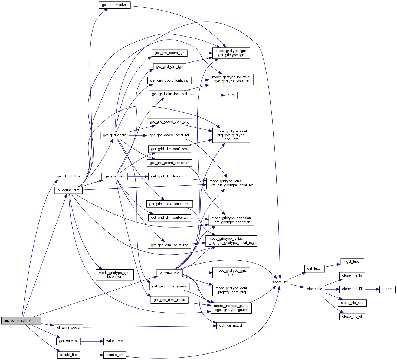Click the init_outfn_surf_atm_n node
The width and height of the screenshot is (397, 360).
coord(21,320)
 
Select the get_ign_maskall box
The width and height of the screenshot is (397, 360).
coord(114,5)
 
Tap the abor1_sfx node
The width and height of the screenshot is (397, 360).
coord(280,282)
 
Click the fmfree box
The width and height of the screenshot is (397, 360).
coord(387,289)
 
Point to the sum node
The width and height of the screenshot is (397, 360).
coord(231,95)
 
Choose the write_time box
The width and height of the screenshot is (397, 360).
coord(114,341)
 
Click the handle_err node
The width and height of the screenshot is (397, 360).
coord(114,355)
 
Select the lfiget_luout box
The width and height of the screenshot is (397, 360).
coord(352,262)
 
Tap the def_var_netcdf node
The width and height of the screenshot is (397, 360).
coord(231,326)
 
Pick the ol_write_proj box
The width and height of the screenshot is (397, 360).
coord(169,273)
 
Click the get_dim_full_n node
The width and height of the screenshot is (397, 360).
coord(68,176)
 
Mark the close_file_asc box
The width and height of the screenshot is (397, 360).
coord(352,303)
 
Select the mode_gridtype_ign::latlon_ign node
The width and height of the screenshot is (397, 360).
coord(114,275)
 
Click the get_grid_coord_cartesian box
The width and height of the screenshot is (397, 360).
coord(169,163)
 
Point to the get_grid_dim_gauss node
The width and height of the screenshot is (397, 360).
coord(169,300)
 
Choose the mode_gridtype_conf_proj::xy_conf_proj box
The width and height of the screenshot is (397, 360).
coord(231,290)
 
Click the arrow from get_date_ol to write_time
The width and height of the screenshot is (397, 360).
coord(92,341)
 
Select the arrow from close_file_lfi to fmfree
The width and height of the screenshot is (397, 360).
coord(372,289)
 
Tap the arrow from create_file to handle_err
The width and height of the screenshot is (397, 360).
coord(91,355)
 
